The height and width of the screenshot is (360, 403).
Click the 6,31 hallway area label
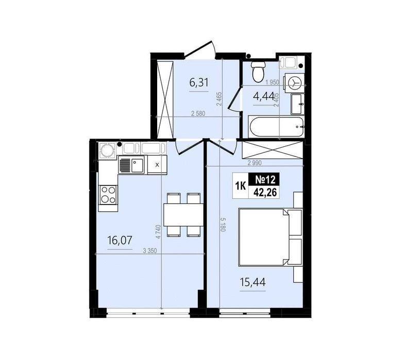coord(199,83)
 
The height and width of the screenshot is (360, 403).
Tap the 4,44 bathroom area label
coord(263,96)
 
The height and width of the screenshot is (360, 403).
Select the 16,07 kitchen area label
coord(120,241)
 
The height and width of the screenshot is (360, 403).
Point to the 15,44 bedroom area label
coord(253,282)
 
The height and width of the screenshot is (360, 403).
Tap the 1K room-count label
coord(241,185)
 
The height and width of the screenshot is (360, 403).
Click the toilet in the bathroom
coord(258,71)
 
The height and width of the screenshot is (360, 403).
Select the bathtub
coord(276,127)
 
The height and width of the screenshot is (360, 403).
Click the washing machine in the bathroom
coord(294,83)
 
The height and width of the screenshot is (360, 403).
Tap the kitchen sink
coord(131,165)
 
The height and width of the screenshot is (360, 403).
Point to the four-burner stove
coord(108,195)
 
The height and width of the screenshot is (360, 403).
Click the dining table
coord(183,215)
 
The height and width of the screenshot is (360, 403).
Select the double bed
coord(270,237)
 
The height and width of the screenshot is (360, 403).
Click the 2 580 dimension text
coord(198,113)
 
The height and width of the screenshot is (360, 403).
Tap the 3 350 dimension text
coord(149,251)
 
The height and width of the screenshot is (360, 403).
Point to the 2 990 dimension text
coord(255,163)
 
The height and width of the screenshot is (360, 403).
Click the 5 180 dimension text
coord(223,225)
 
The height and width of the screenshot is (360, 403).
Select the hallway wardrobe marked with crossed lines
coord(165,99)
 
